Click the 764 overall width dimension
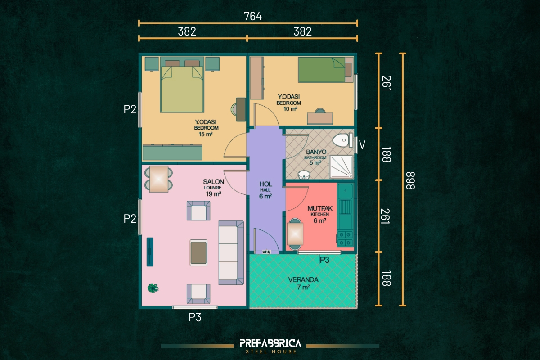coord(253,16)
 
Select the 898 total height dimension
coord(410,180)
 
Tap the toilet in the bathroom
coord(342,140)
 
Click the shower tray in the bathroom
coord(342,167)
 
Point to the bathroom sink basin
coord(304,175)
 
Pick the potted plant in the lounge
coord(153,288)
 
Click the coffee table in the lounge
coord(198,253)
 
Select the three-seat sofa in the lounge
coord(231,252)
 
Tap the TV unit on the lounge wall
coord(150,252)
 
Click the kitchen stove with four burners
coord(345,238)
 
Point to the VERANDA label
coord(303,280)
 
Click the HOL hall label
coord(265,184)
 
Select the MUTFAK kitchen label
coord(320,208)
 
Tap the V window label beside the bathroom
coord(362,145)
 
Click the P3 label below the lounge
coord(195,317)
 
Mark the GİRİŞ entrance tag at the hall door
coord(266,252)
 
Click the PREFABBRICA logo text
coord(270,343)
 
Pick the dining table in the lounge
coord(158,179)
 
